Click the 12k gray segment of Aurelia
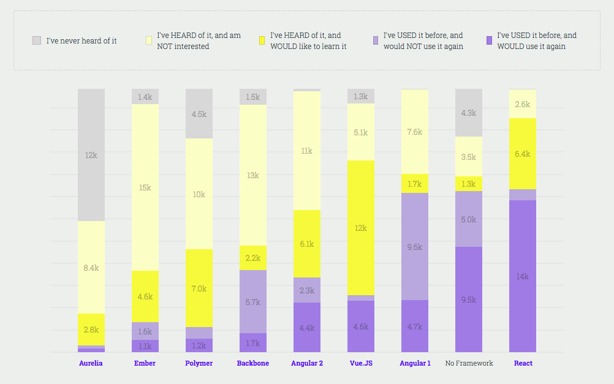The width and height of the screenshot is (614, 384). pos(91,155)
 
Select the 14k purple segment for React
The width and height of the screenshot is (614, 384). pos(523,276)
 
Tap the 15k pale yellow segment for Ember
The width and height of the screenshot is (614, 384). pos(145,187)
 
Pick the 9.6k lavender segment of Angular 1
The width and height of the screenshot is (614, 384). pos(415,247)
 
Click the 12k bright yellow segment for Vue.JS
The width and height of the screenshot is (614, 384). pos(361,228)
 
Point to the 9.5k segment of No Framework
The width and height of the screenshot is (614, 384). pos(469,299)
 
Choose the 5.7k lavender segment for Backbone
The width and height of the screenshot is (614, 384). pos(253,301)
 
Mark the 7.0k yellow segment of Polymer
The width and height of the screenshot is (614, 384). pos(199,288)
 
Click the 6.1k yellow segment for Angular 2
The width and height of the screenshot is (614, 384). pos(307,244)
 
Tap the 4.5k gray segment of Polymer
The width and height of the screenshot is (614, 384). pos(199,113)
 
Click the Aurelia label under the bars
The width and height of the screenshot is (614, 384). pos(91,363)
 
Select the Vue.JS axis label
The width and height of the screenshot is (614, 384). pos(361,363)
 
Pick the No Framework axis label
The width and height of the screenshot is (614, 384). pos(469,363)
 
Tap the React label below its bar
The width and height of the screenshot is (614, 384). pos(523,363)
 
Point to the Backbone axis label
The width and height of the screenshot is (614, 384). pos(253,363)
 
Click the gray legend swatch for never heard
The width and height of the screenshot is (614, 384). pos(37,40)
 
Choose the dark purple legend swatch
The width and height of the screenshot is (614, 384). pos(488,40)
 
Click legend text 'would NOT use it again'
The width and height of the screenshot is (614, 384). pos(423,47)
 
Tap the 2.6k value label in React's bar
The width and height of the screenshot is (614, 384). pos(523,104)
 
